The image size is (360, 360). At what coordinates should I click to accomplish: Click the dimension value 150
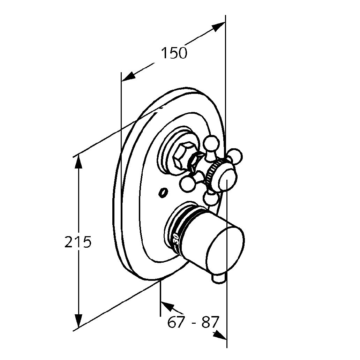[x=174, y=53]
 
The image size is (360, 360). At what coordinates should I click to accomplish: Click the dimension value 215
[x=78, y=242]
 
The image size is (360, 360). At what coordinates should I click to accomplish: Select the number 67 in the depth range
[x=176, y=322]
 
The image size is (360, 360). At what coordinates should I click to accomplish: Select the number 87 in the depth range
[x=209, y=322]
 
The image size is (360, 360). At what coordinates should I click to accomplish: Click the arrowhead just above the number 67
[x=167, y=306]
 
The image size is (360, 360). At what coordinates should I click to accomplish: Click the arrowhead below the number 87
[x=220, y=335]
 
